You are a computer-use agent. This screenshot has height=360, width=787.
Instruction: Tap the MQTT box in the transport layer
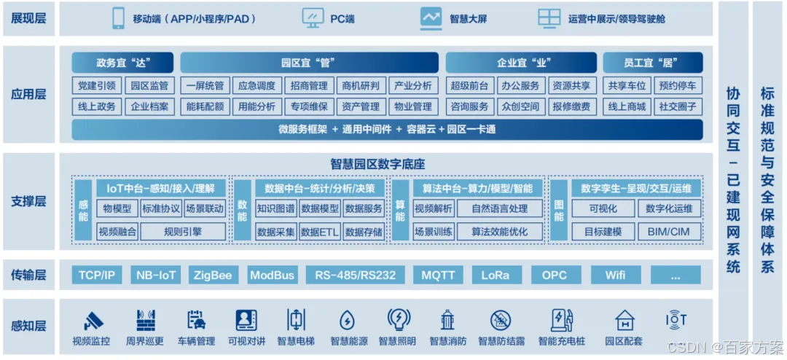[438, 275]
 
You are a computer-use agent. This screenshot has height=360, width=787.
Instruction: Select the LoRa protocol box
[501, 275]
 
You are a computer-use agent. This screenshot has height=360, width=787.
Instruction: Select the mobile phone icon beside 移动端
[118, 18]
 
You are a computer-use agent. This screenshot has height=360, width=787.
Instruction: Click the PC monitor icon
[313, 18]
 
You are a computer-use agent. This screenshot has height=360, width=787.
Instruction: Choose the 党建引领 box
[97, 85]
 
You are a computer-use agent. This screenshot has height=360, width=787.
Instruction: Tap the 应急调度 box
[257, 85]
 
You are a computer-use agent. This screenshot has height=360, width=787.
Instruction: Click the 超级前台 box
[469, 85]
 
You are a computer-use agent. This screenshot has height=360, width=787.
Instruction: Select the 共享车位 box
[627, 85]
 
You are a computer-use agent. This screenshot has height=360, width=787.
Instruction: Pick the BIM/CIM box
[668, 232]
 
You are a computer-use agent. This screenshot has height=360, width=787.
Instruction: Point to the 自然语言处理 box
[500, 208]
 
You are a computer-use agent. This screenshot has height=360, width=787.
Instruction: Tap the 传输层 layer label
[28, 275]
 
